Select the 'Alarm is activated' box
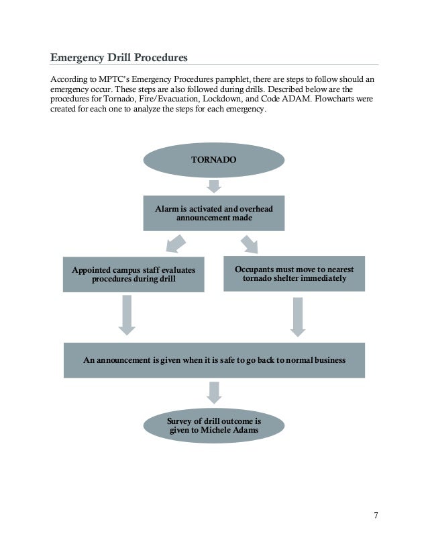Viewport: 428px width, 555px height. coord(214,214)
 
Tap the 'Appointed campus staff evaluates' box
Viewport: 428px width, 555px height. coord(133,274)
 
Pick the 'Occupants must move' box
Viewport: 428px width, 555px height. coord(294,273)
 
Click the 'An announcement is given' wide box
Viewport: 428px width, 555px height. coord(214,360)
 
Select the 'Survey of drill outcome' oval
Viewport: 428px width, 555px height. coord(214,426)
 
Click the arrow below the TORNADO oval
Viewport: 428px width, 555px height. coord(214,185)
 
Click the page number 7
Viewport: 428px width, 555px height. coord(376,515)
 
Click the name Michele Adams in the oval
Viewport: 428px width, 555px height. coord(229,431)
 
